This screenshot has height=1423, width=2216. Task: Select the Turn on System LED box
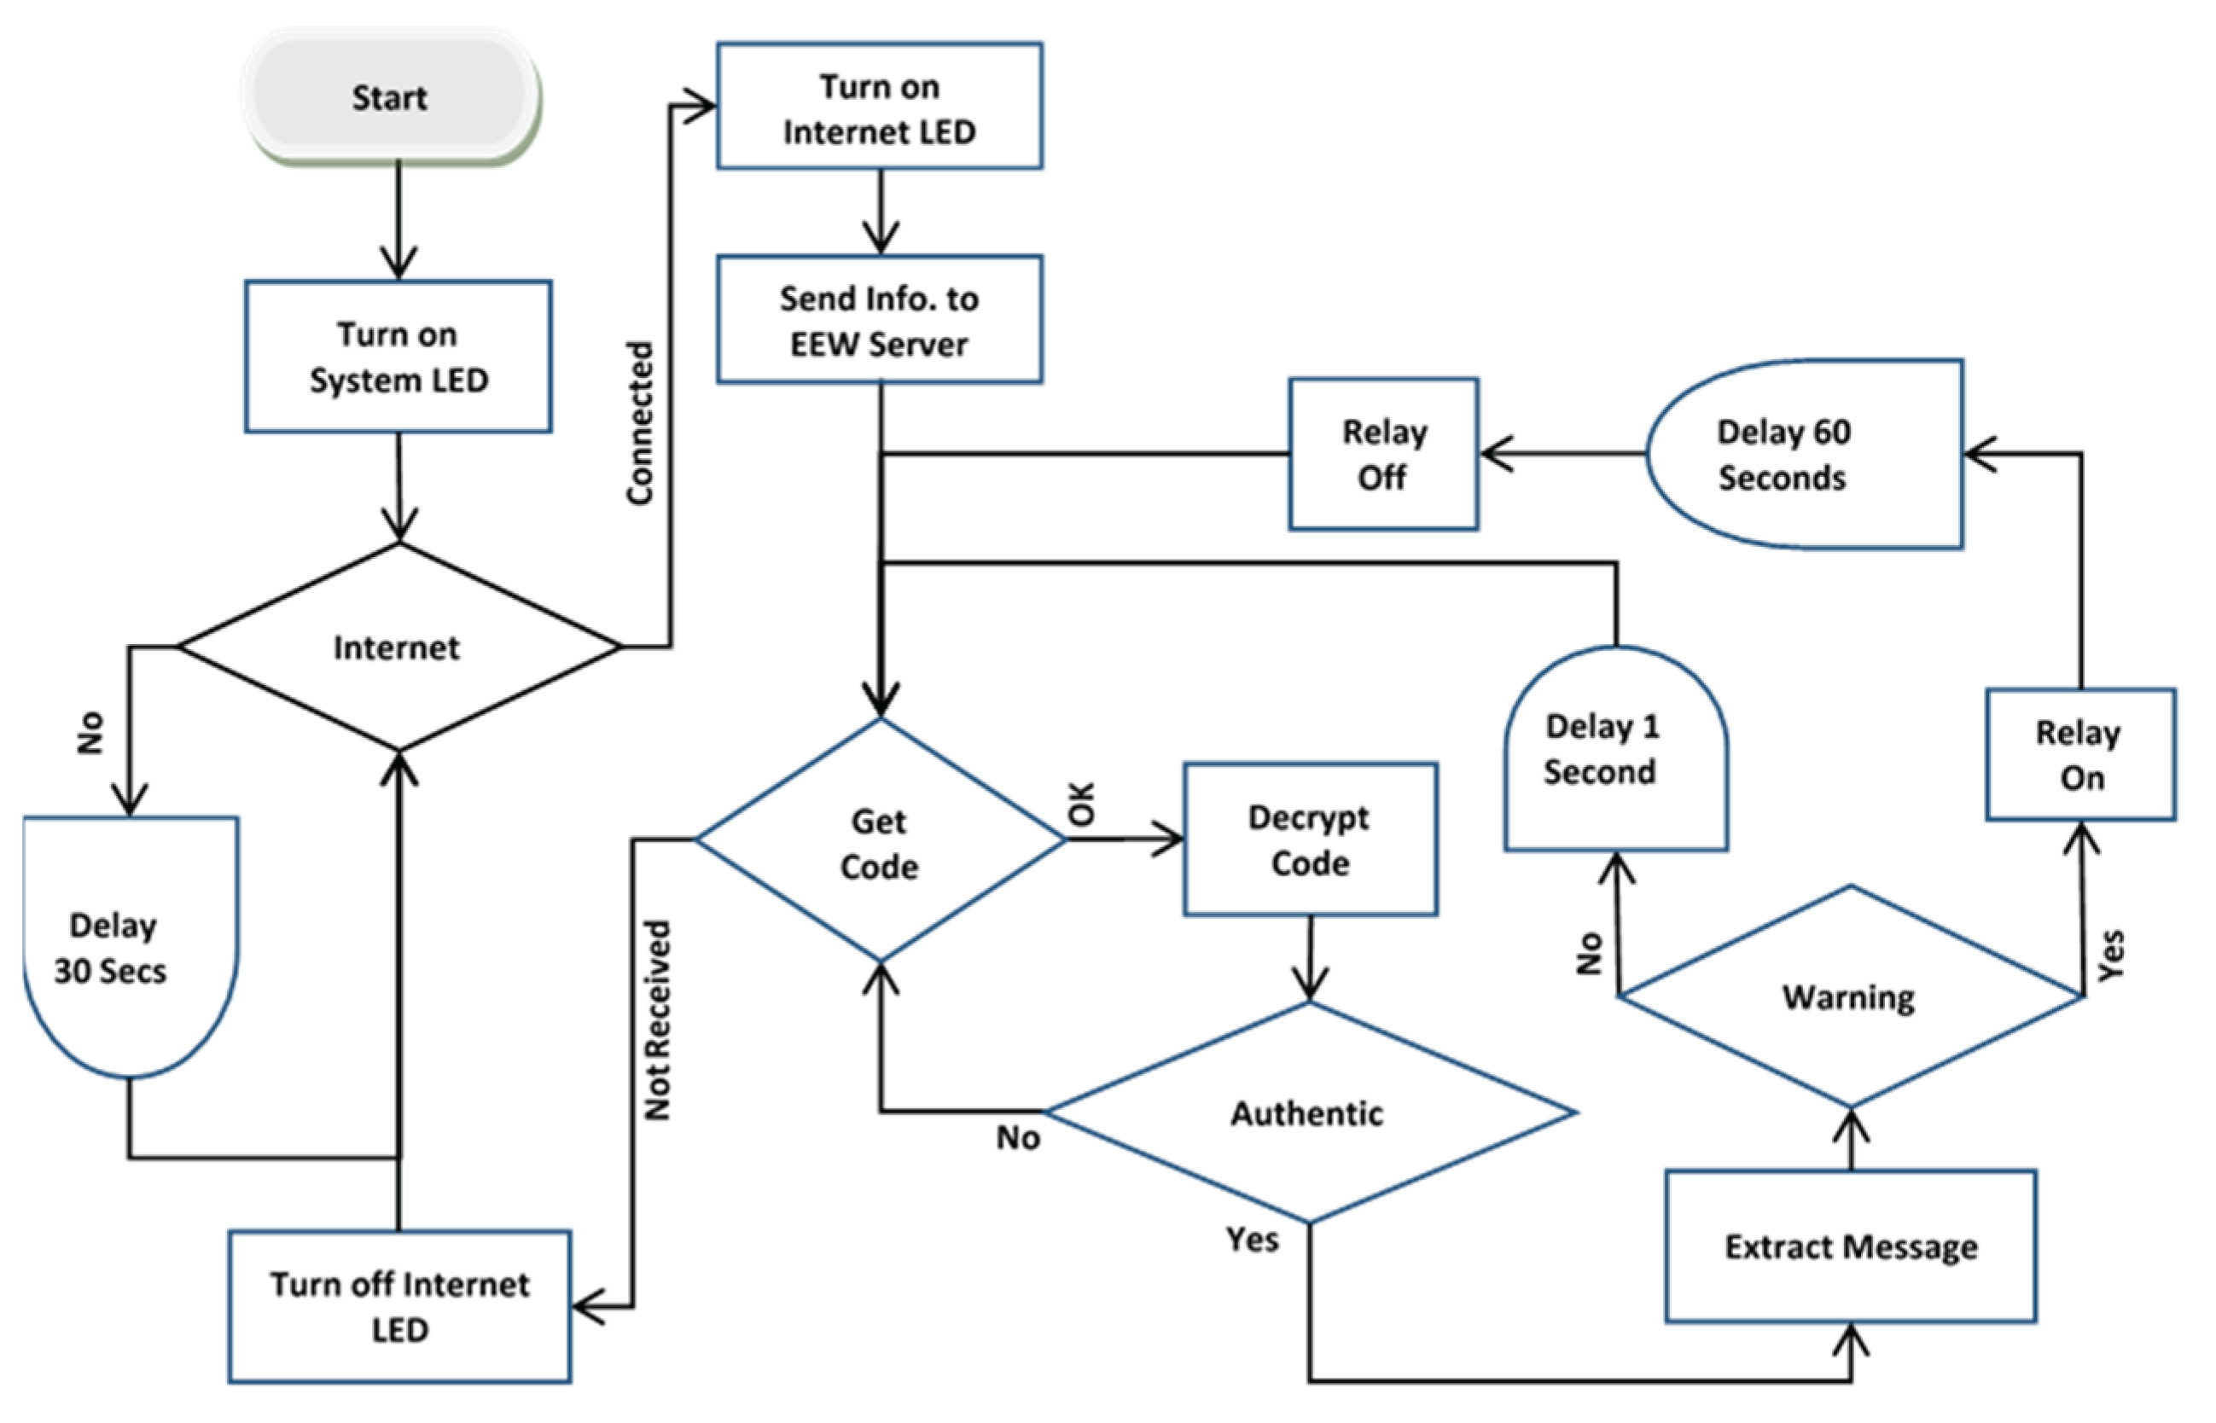tap(398, 357)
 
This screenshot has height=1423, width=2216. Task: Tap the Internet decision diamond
tap(398, 647)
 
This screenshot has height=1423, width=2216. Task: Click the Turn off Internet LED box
tap(399, 1305)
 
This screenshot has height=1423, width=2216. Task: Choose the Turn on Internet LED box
tap(880, 107)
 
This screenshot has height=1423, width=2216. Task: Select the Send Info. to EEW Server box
tap(880, 320)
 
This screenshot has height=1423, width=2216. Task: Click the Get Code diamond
tap(880, 841)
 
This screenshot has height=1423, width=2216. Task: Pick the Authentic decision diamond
tap(1309, 1112)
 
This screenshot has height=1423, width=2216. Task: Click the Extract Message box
tap(1851, 1246)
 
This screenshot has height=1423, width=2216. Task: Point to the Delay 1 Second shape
tap(1615, 750)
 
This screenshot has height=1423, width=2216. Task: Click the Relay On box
tap(2081, 755)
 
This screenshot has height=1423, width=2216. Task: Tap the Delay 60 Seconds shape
tap(1802, 455)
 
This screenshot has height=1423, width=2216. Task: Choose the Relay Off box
tap(1383, 455)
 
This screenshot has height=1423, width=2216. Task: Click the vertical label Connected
tap(639, 423)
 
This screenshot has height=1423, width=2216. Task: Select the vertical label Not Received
tap(657, 1020)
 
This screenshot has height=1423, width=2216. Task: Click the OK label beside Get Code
tap(1081, 803)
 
